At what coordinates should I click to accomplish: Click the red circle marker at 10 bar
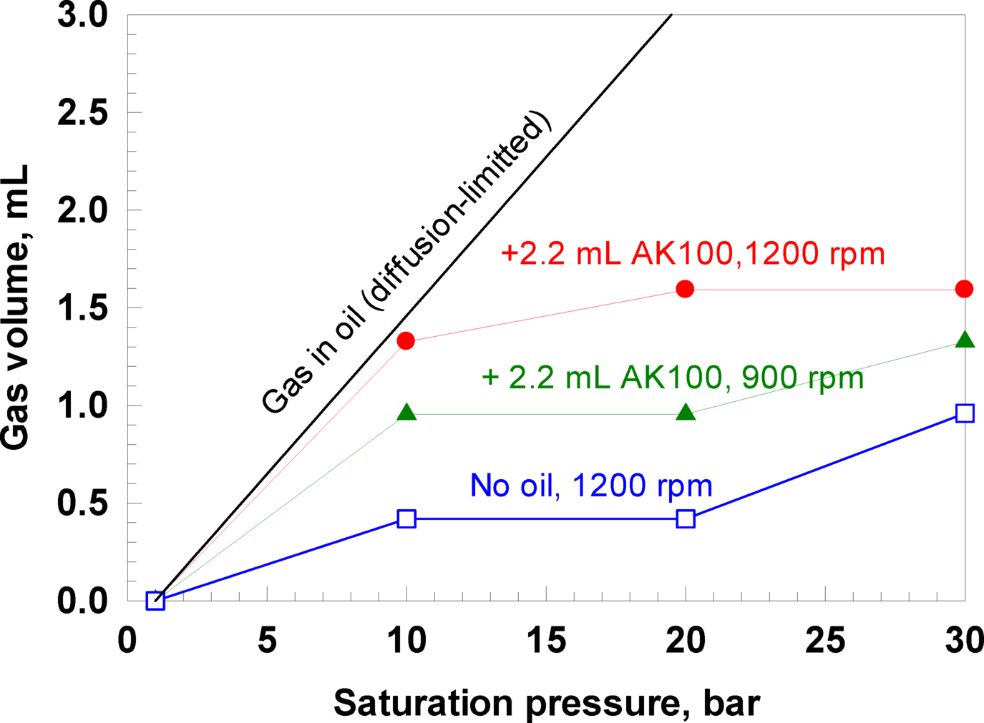pyautogui.click(x=406, y=341)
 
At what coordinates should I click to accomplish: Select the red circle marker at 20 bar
pyautogui.click(x=685, y=289)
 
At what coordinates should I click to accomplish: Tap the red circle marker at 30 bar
pyautogui.click(x=964, y=289)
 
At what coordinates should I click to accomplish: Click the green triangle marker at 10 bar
pyautogui.click(x=406, y=413)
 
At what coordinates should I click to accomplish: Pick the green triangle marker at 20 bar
pyautogui.click(x=686, y=413)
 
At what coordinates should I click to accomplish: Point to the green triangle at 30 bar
pyautogui.click(x=965, y=340)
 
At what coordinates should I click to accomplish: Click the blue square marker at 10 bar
pyautogui.click(x=406, y=519)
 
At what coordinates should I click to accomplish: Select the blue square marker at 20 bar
pyautogui.click(x=686, y=519)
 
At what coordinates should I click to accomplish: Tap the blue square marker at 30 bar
pyautogui.click(x=965, y=413)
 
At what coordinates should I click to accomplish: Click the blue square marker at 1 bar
pyautogui.click(x=155, y=601)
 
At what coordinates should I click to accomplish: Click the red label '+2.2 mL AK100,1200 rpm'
pyautogui.click(x=693, y=254)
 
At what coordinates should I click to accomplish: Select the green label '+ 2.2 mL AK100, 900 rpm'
pyautogui.click(x=673, y=378)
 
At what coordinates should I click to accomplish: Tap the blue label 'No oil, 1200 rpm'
pyautogui.click(x=591, y=486)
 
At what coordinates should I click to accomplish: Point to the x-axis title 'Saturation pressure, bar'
pyautogui.click(x=546, y=703)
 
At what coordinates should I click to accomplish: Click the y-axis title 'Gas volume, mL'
pyautogui.click(x=16, y=308)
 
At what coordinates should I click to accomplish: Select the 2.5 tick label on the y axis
pyautogui.click(x=82, y=113)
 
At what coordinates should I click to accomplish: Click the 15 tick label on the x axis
pyautogui.click(x=546, y=641)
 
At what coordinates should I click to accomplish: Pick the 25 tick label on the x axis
pyautogui.click(x=825, y=641)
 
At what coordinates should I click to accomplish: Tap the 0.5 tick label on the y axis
pyautogui.click(x=82, y=503)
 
